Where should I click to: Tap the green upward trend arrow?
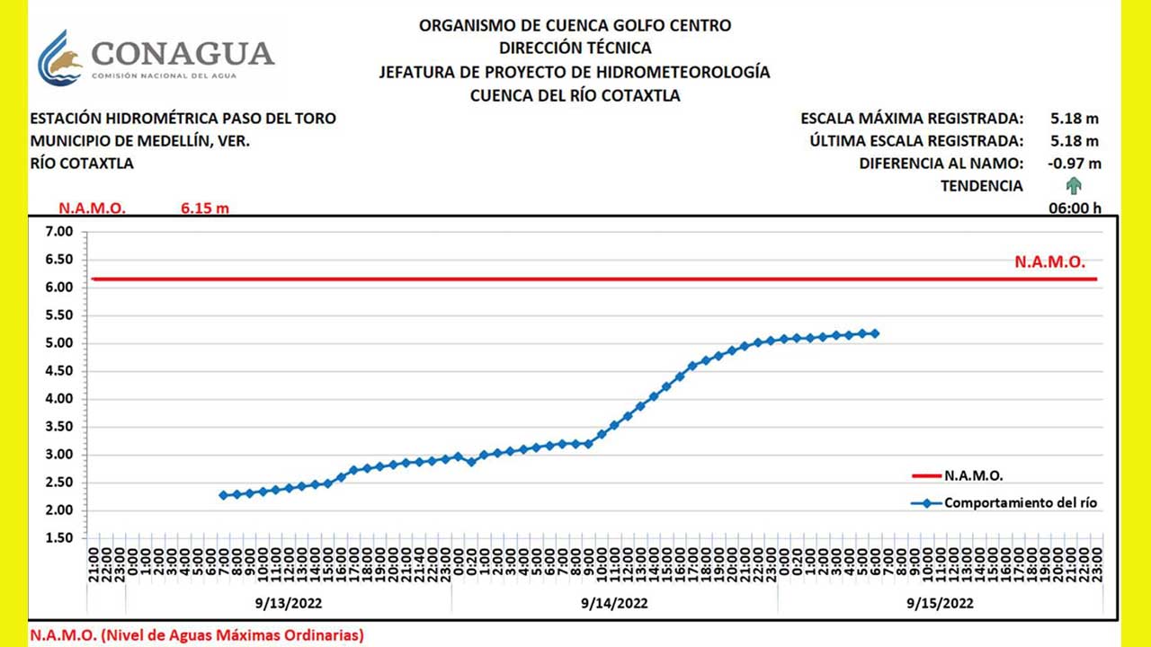point(1074,186)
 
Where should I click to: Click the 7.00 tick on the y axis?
point(59,232)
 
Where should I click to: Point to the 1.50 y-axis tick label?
point(59,538)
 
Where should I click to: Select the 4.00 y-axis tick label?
point(59,399)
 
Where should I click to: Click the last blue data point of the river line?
point(875,333)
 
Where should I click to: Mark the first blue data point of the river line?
point(223,495)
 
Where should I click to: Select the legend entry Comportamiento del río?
point(1020,503)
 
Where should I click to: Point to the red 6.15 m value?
point(205,208)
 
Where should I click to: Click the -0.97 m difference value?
point(1074,164)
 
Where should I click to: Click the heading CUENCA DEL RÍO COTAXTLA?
point(575,95)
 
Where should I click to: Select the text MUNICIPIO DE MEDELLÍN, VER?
point(140,141)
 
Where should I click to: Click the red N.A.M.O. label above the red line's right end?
point(1049,262)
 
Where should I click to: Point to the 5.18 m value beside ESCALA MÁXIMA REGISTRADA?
point(1074,118)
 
